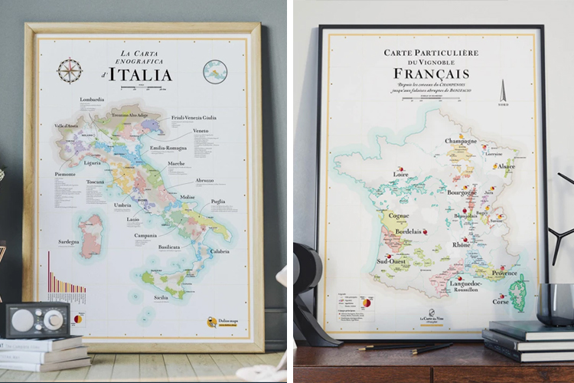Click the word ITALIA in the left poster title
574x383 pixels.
click(x=140, y=74)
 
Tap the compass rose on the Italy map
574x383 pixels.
click(x=70, y=70)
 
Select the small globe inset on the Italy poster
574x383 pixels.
click(x=215, y=72)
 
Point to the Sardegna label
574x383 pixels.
click(x=67, y=241)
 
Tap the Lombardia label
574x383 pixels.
click(x=91, y=99)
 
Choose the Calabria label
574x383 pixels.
click(x=220, y=251)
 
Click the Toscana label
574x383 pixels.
click(x=95, y=182)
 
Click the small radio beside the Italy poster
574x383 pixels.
click(x=37, y=320)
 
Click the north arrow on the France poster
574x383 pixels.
click(x=503, y=93)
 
